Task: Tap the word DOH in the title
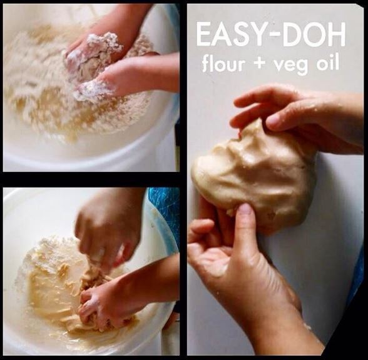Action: click(313, 34)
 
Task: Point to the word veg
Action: click(292, 66)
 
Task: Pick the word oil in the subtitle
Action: click(328, 62)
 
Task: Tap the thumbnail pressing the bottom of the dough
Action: click(245, 211)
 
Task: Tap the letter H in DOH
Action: click(337, 34)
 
